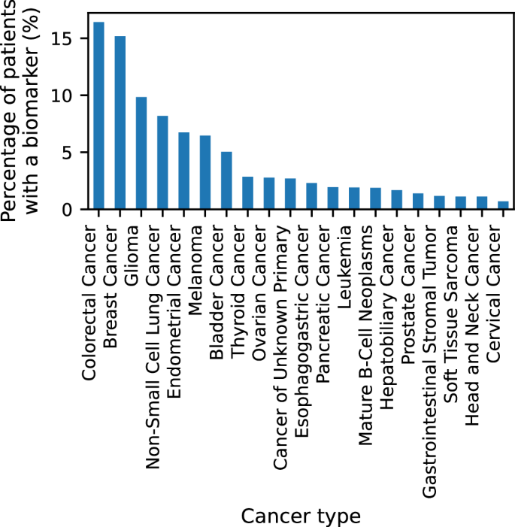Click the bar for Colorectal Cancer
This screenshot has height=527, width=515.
click(x=98, y=116)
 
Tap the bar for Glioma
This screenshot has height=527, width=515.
click(x=141, y=153)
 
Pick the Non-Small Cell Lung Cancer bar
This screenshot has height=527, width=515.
click(x=162, y=162)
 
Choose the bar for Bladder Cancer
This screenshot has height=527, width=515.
click(x=226, y=180)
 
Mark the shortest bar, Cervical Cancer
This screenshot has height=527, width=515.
click(x=504, y=205)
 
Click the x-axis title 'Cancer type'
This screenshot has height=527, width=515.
click(x=301, y=516)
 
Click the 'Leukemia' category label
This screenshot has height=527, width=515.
click(x=354, y=256)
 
